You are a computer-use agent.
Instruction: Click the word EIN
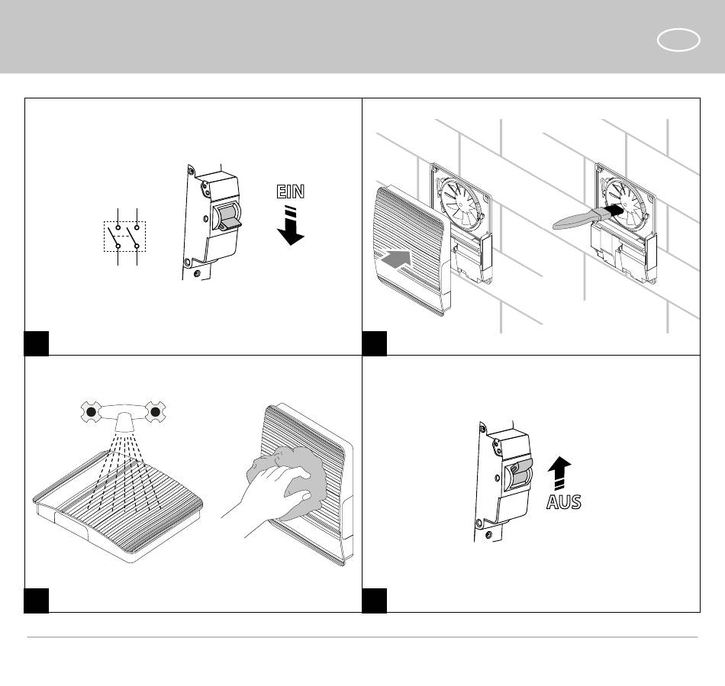pos(290,191)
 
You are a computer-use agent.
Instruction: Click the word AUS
pos(563,502)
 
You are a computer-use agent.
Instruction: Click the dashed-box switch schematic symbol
pos(124,236)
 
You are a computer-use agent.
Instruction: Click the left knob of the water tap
pos(91,412)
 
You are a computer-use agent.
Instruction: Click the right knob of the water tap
pos(156,412)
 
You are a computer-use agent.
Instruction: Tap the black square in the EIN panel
pos(37,343)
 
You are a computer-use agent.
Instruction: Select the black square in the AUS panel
pos(374,600)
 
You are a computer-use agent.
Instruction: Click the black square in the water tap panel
pos(37,600)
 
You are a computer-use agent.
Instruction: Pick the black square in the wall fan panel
pos(374,343)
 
